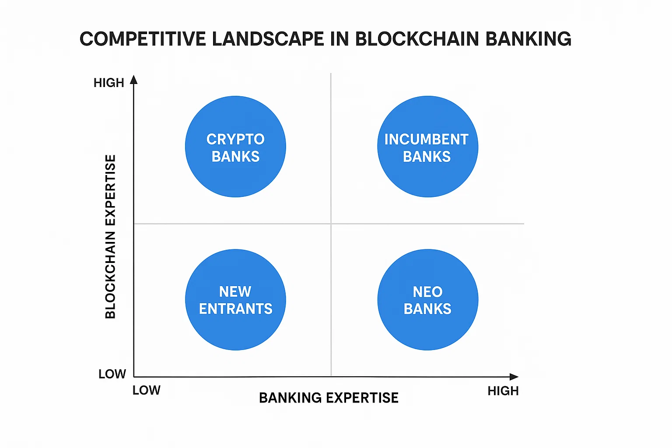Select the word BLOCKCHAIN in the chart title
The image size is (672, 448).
point(417,39)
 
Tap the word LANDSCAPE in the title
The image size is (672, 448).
point(268,39)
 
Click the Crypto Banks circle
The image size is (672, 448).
point(235,147)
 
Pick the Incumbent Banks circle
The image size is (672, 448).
point(427,147)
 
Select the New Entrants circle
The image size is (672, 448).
point(235,300)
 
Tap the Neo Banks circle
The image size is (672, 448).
point(427,300)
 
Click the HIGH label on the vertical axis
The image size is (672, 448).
point(109,83)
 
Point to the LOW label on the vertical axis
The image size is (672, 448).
point(112,374)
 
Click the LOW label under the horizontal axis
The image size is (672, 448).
point(147,390)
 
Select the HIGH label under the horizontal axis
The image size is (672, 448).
point(503,391)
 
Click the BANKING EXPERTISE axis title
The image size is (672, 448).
point(329,398)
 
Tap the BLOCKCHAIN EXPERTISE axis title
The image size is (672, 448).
point(110,237)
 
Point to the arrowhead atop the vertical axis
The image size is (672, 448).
point(134,80)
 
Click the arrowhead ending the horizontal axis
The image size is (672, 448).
point(514,377)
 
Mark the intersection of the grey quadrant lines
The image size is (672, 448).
point(331,224)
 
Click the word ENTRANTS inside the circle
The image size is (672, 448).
point(235,309)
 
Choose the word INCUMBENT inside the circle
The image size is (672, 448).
point(427,139)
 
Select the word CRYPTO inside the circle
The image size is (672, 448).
point(235,139)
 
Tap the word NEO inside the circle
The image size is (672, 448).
point(427,292)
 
